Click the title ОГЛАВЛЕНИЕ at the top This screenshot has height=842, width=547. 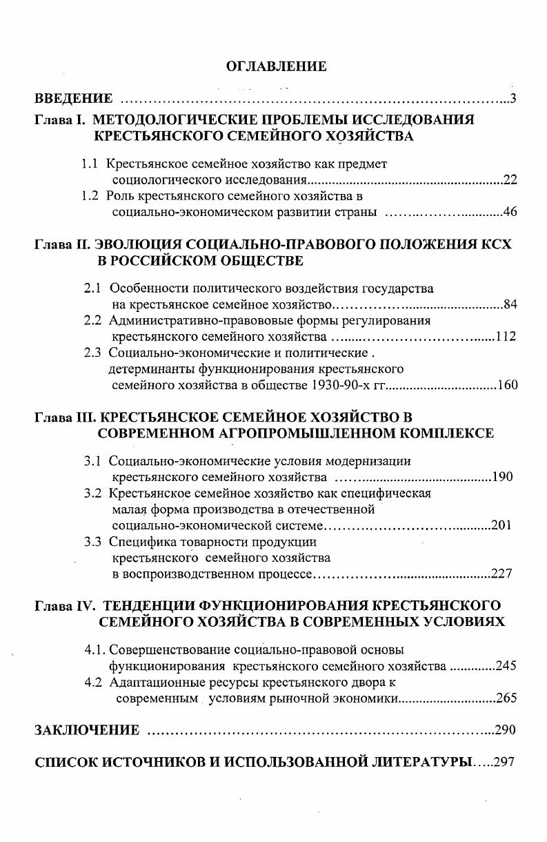[x=276, y=66]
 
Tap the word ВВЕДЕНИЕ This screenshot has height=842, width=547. [x=73, y=97]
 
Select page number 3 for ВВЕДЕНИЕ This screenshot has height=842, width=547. [x=513, y=97]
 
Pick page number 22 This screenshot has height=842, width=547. [x=510, y=181]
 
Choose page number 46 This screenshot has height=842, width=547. [x=510, y=212]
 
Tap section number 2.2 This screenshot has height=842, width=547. [x=93, y=321]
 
